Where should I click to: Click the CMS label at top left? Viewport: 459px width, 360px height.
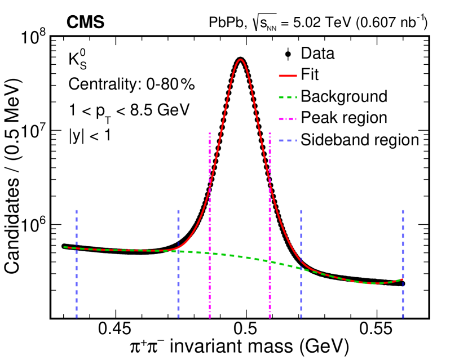[85, 22]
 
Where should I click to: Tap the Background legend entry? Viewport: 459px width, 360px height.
[344, 96]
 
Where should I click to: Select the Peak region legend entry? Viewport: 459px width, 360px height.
[344, 118]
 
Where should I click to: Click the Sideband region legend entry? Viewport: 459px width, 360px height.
[360, 139]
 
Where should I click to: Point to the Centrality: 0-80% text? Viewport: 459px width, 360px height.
[131, 85]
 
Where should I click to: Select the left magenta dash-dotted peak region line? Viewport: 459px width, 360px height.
[210, 225]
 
